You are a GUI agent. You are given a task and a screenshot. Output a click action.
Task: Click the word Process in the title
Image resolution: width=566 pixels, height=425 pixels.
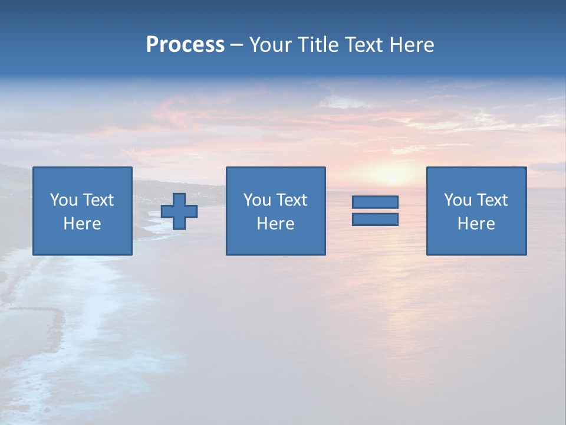pyautogui.click(x=185, y=45)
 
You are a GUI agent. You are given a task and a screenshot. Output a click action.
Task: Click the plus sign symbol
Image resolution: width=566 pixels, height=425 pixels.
pyautogui.click(x=179, y=211)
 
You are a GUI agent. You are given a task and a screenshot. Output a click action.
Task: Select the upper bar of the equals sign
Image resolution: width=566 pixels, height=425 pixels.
pyautogui.click(x=375, y=202)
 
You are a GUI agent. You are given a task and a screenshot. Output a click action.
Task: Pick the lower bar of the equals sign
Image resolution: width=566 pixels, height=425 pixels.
pyautogui.click(x=375, y=220)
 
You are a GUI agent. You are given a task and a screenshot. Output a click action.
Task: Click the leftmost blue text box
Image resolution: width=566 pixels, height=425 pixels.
pyautogui.click(x=83, y=211)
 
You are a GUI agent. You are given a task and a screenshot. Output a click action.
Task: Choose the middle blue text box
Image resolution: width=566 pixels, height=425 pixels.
pyautogui.click(x=275, y=211)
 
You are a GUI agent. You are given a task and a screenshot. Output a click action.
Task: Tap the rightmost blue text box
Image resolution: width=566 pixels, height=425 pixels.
pyautogui.click(x=476, y=211)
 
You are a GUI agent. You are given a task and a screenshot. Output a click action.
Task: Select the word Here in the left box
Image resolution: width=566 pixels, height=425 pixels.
pyautogui.click(x=83, y=224)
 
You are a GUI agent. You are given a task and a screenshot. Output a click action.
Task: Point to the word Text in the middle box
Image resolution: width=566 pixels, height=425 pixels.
pyautogui.click(x=291, y=200)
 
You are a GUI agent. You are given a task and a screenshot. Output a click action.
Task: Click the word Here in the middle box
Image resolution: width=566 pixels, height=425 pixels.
pyautogui.click(x=275, y=224)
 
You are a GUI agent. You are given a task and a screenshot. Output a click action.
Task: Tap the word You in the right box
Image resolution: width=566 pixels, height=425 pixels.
pyautogui.click(x=458, y=200)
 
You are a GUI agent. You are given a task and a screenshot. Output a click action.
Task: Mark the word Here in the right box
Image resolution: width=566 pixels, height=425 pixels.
pyautogui.click(x=476, y=224)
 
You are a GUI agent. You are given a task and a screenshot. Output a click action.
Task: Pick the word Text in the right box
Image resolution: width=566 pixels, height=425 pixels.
pyautogui.click(x=492, y=200)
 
